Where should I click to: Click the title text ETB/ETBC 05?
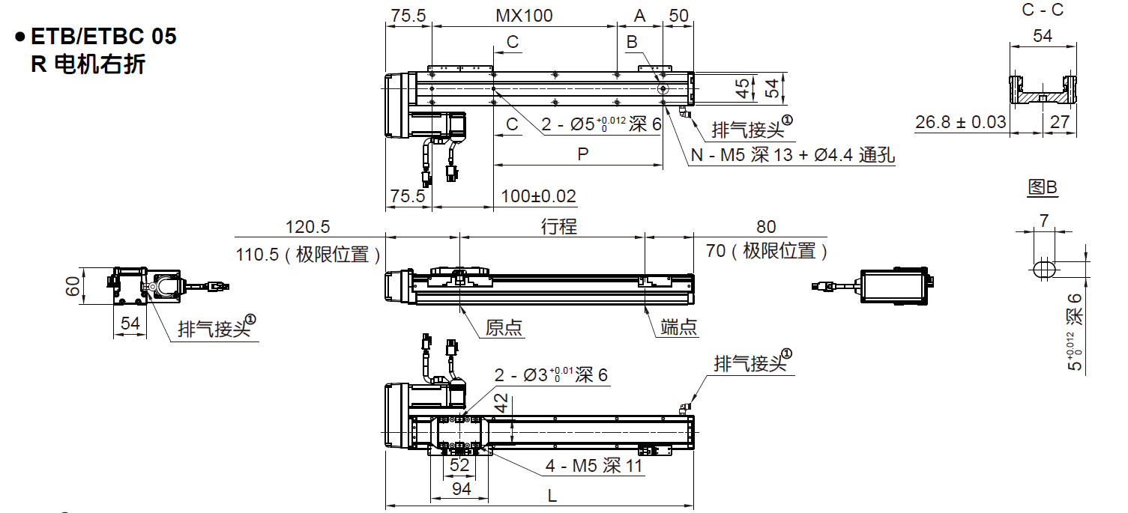tap(103, 36)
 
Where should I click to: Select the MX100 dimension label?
tap(524, 16)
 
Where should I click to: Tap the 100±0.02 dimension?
tap(538, 196)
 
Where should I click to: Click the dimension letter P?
tap(582, 154)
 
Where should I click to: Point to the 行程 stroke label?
tap(559, 226)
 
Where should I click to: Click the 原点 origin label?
tap(504, 327)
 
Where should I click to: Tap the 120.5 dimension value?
tap(307, 226)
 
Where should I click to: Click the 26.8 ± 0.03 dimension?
tap(960, 122)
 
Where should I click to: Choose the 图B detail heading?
tap(1042, 187)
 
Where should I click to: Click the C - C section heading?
tap(1043, 10)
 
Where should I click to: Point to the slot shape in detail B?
tap(1043, 269)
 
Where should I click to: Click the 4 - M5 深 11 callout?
tap(594, 466)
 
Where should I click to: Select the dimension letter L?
tap(552, 495)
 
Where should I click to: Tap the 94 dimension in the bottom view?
tap(462, 489)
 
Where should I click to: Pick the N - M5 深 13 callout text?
tap(791, 155)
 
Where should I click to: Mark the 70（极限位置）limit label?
tap(766, 252)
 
